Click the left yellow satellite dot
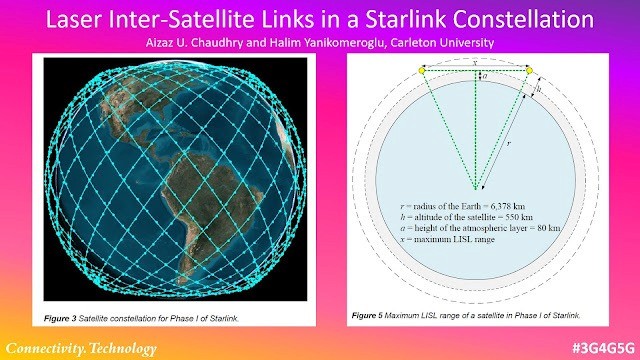[421, 70]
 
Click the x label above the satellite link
[475, 62]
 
